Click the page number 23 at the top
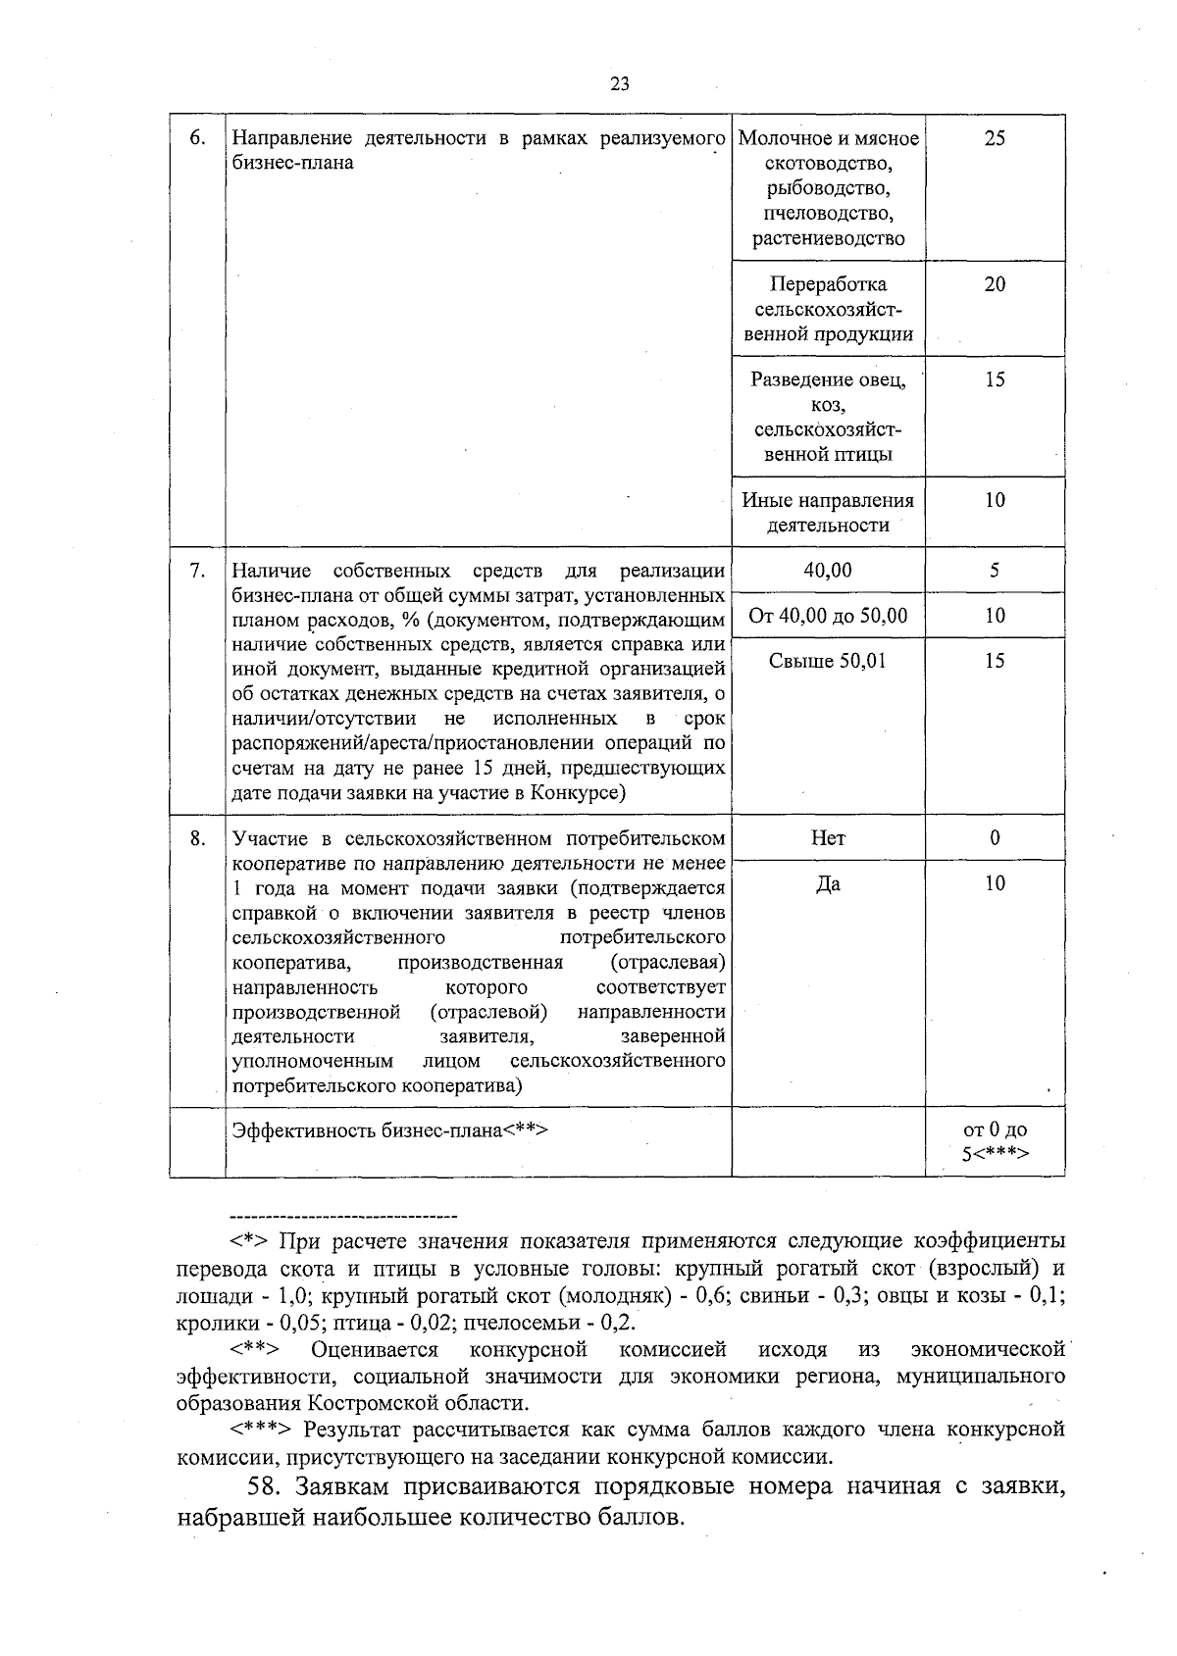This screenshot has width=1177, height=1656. coord(619,83)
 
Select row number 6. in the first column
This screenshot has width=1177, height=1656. coord(196,138)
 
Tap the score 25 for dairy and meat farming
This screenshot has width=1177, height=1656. coord(995,138)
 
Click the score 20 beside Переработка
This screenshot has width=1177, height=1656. coord(995,284)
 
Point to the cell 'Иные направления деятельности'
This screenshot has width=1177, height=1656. coord(828,513)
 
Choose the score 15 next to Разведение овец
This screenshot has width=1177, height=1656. coord(995,379)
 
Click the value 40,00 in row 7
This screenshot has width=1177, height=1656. coord(828,570)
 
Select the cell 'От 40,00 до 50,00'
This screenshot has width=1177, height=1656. coord(828,616)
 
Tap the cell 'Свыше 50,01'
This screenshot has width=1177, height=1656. coord(828,661)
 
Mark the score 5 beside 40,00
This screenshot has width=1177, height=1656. coord(995,570)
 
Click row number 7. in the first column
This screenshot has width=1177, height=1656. coord(196,571)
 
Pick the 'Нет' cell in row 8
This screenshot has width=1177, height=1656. coord(828,838)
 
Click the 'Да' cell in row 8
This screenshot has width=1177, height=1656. coord(828,884)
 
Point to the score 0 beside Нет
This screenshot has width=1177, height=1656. coord(995,838)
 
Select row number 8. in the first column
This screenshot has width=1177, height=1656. coord(196,838)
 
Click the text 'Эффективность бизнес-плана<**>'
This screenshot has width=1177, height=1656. coord(389,1129)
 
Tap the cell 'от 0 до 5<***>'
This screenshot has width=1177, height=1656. coord(995,1141)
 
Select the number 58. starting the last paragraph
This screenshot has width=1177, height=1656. coord(267,1486)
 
